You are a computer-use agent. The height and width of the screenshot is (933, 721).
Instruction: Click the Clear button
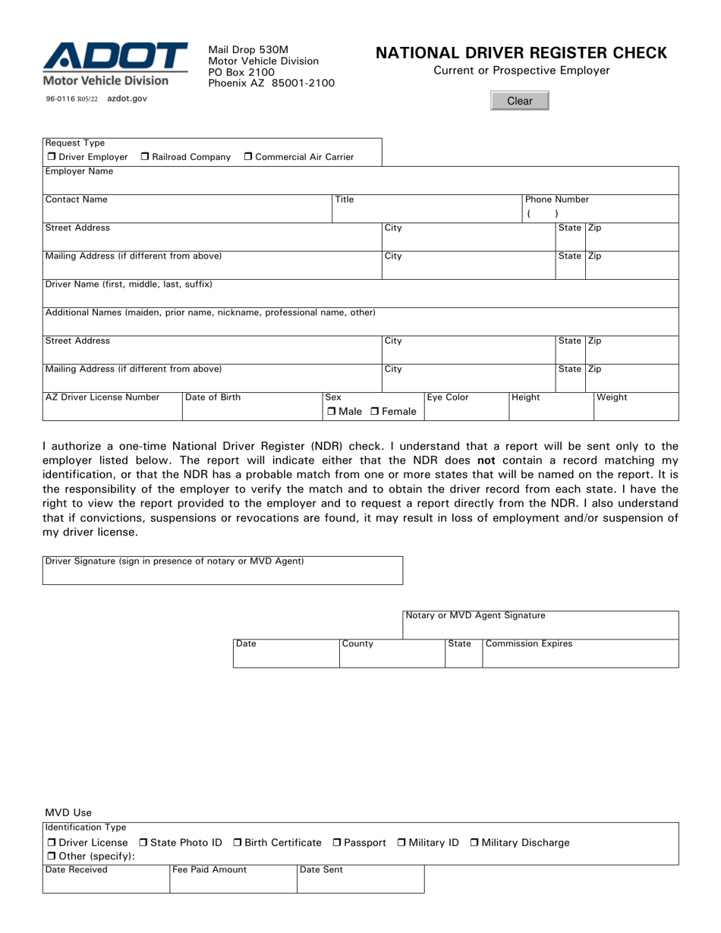point(519,101)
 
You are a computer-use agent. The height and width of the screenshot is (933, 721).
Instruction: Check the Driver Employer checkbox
point(52,157)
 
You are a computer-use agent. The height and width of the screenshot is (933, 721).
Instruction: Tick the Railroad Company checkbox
point(146,157)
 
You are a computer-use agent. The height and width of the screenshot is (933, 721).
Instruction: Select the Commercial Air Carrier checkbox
point(248,157)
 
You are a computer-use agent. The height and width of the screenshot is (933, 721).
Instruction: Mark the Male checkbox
point(332,412)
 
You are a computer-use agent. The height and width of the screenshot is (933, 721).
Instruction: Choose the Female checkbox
point(375,412)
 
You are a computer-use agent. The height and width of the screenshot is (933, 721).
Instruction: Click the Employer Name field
point(360,185)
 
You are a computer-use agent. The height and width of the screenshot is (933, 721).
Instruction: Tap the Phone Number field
point(600,214)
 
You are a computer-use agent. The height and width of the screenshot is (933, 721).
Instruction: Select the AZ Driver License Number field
point(112,410)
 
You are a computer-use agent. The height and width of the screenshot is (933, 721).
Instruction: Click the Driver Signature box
point(222,574)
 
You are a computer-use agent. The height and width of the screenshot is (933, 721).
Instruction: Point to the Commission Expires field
point(580,657)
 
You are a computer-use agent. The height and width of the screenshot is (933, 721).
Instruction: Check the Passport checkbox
point(338,843)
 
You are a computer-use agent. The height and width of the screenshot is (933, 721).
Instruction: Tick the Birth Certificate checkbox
point(238,843)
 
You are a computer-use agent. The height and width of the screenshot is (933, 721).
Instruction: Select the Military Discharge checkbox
point(475,843)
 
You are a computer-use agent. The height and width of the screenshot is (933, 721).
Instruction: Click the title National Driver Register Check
point(521,53)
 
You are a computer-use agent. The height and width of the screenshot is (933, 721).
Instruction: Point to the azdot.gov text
point(127,99)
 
